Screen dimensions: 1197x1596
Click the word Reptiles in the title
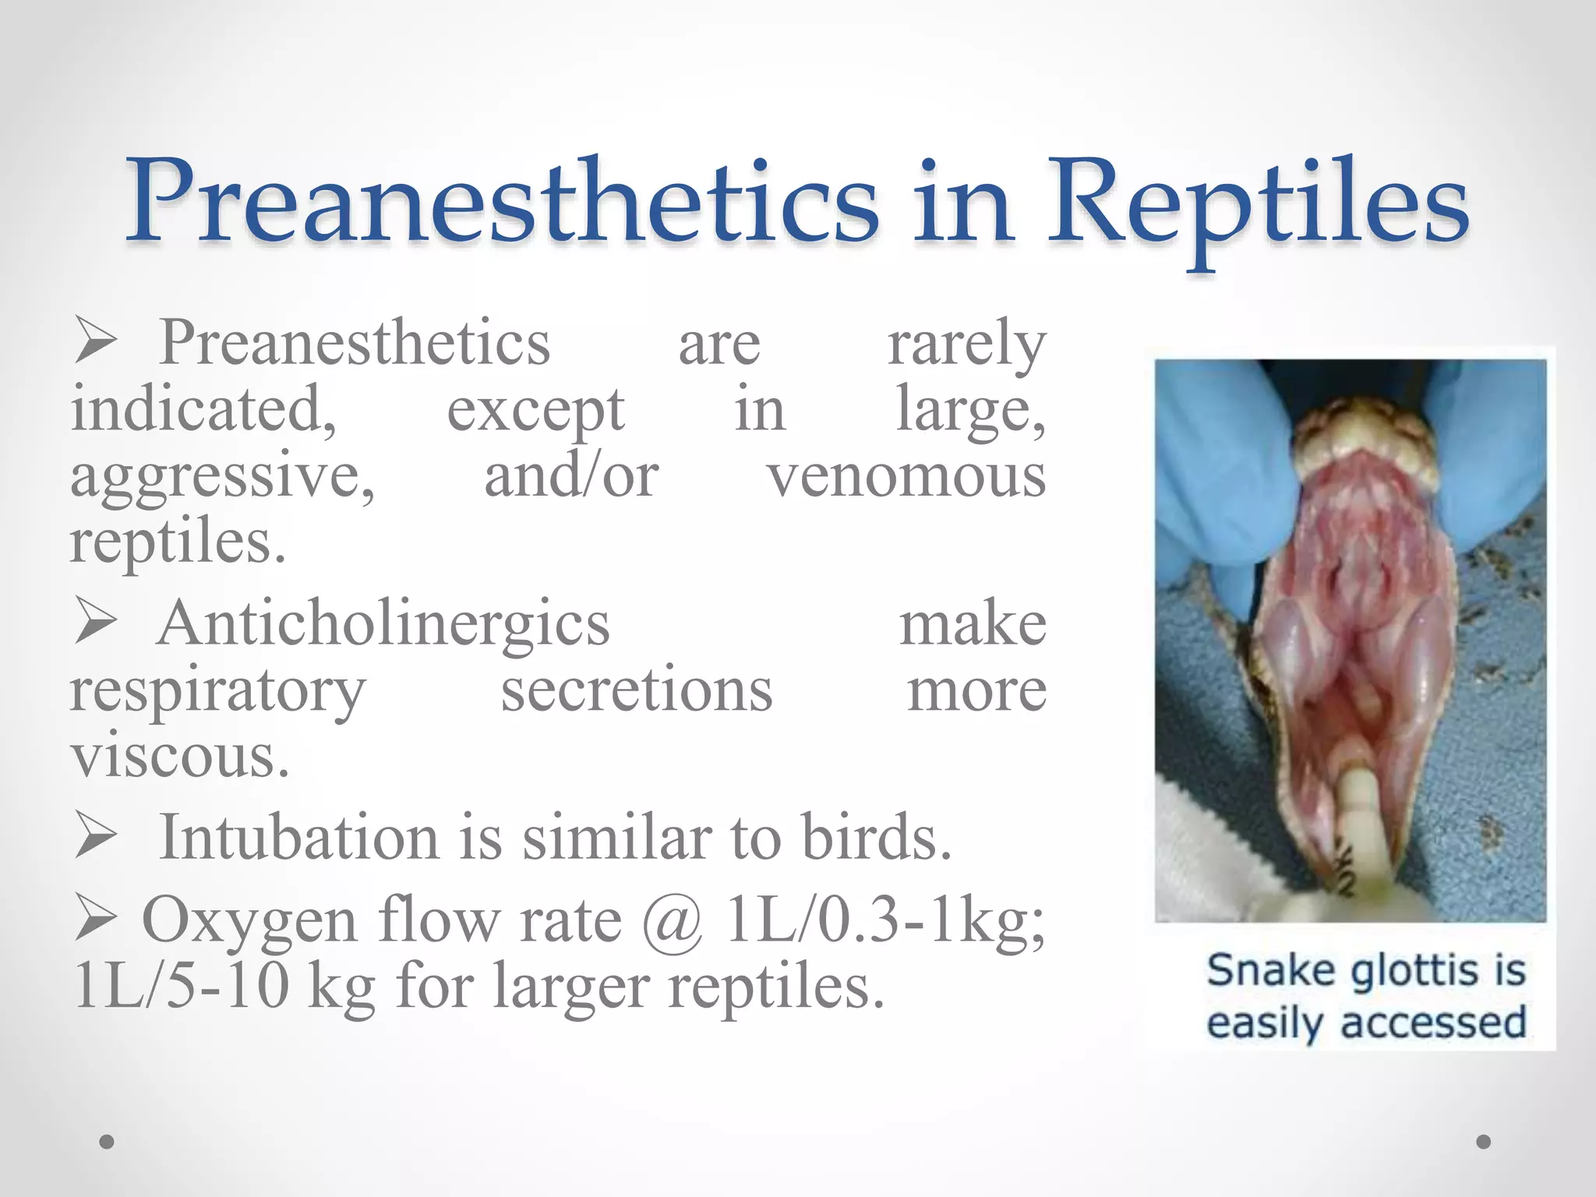click(x=1257, y=204)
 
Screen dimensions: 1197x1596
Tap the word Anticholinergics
click(x=383, y=624)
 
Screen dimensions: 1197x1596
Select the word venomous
click(x=906, y=477)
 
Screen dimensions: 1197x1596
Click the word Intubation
click(x=299, y=838)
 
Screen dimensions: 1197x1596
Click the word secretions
click(x=636, y=691)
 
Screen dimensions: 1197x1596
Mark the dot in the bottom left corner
click(x=107, y=1142)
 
